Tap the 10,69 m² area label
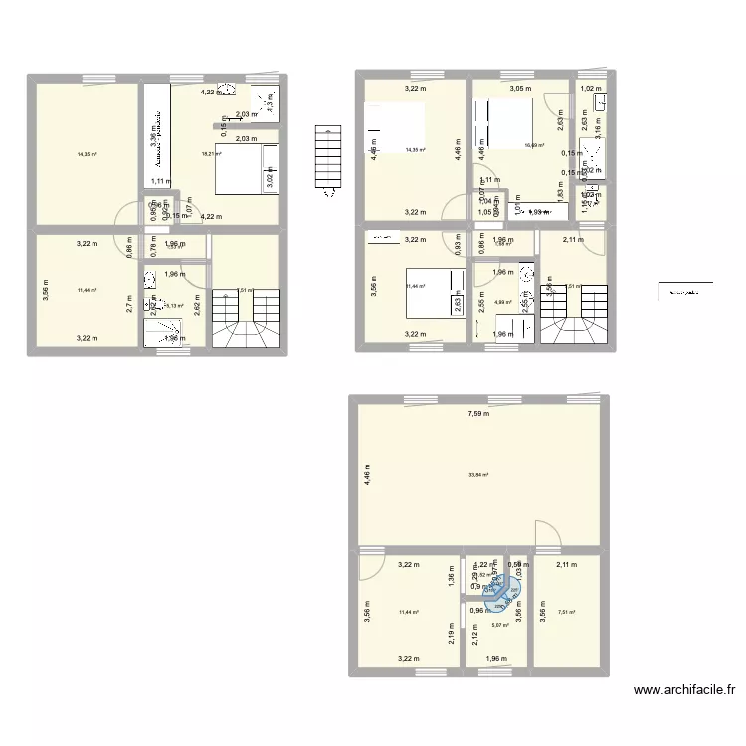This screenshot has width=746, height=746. click(x=533, y=146)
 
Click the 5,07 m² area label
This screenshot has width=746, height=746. click(x=499, y=626)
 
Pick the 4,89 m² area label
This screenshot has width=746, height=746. click(x=503, y=303)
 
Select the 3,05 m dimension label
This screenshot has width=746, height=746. click(x=520, y=89)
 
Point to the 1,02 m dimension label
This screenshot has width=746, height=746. click(x=592, y=89)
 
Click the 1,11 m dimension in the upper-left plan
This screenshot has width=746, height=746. click(x=159, y=181)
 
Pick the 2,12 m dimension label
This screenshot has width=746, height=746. click(x=474, y=637)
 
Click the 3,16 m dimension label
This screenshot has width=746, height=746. click(x=598, y=126)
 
